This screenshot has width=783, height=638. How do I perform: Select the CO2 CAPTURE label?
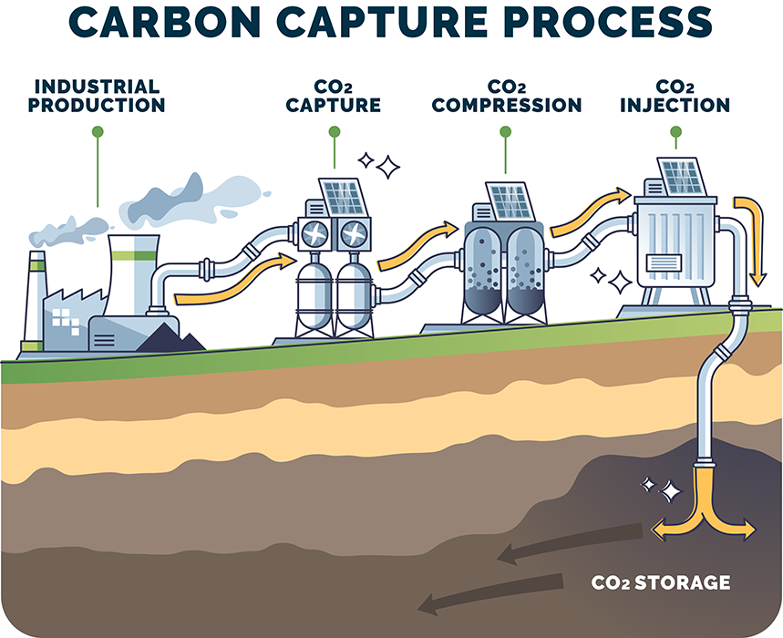point(333,96)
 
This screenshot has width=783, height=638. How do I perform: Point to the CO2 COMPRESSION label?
point(506,96)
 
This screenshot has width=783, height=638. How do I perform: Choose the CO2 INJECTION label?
point(675,96)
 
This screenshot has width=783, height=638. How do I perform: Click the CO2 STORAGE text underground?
point(661,581)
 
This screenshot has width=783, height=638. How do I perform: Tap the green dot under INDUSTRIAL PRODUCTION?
point(98,132)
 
